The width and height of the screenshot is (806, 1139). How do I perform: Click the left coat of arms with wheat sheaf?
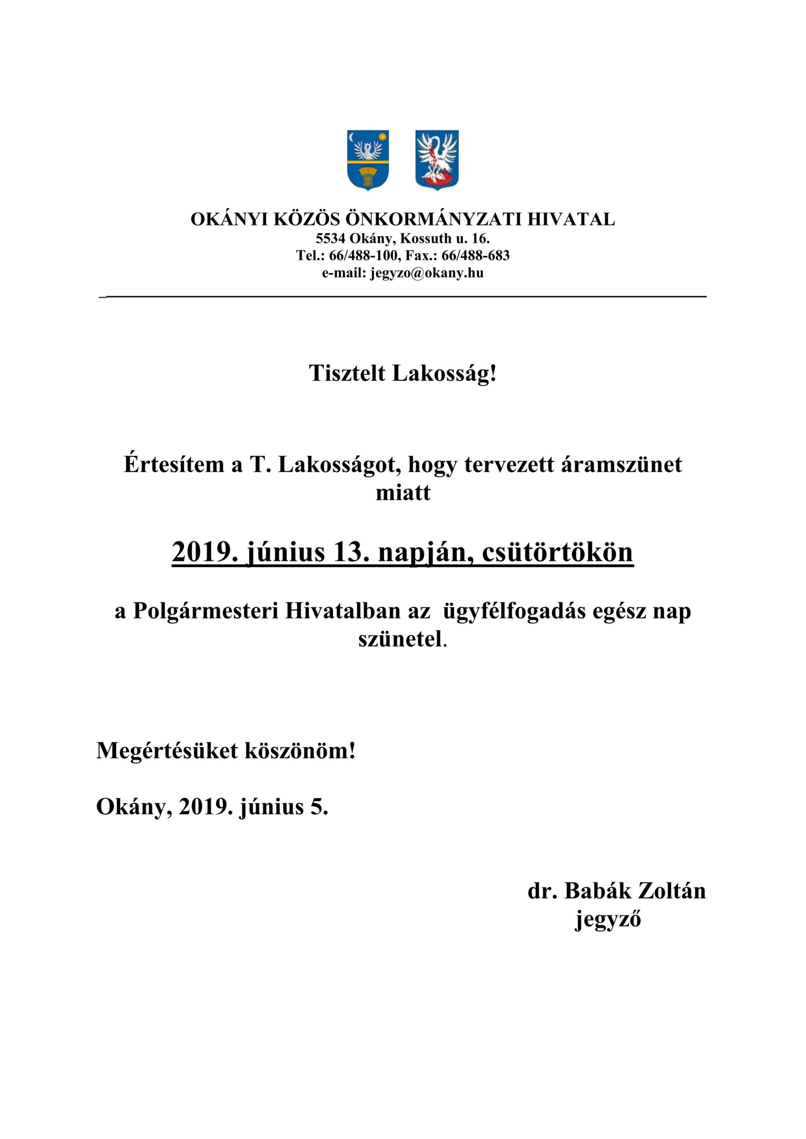[x=368, y=160]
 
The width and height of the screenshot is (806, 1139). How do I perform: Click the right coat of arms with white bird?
[x=437, y=160]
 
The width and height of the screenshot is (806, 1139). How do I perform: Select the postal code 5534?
[x=331, y=238]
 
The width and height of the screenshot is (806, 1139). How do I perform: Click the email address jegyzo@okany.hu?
[x=427, y=273]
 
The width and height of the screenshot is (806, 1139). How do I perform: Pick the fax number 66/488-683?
[x=475, y=255]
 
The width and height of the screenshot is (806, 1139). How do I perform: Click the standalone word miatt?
[x=403, y=493]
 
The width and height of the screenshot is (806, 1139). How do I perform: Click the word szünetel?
[x=400, y=639]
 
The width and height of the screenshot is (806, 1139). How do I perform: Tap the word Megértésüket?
[x=167, y=751]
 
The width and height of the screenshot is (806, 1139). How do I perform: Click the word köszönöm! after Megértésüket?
[x=300, y=751]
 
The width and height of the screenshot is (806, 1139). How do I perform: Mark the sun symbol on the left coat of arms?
[x=382, y=137]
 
